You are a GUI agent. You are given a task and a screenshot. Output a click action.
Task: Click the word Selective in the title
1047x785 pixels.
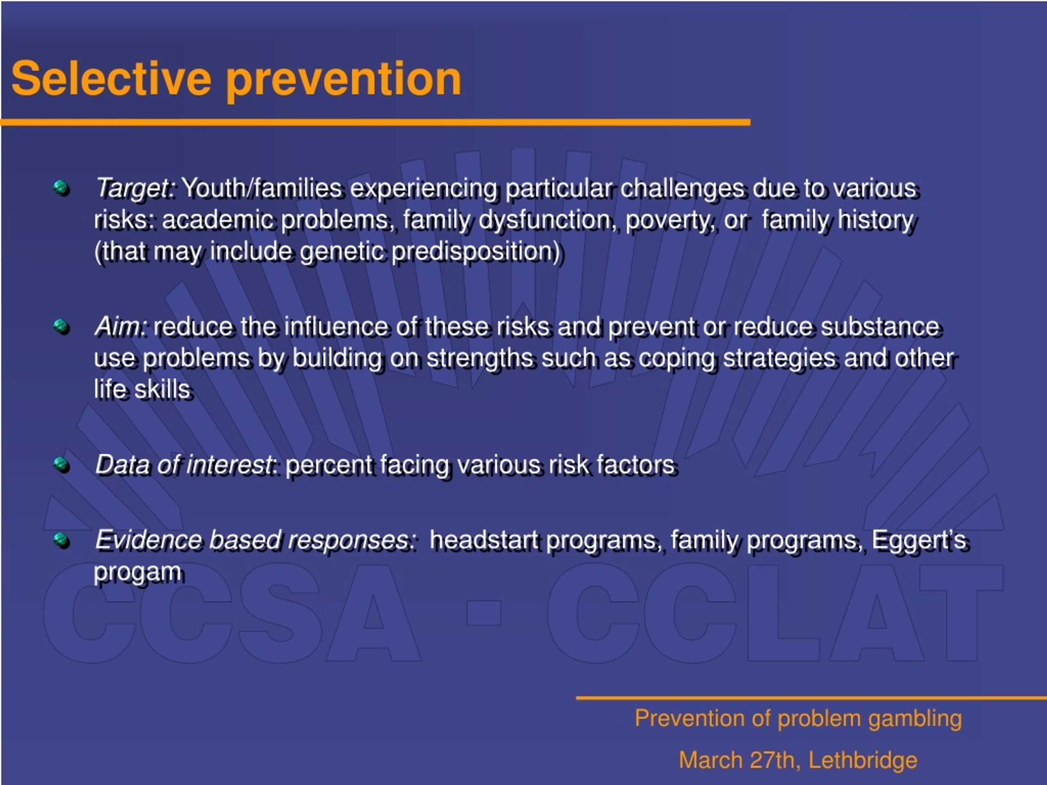[111, 78]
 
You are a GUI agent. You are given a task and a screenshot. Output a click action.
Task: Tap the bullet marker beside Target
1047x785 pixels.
[61, 188]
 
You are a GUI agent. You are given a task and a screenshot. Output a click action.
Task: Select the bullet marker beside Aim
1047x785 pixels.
[61, 327]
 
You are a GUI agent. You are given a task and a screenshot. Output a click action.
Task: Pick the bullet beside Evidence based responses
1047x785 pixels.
[61, 540]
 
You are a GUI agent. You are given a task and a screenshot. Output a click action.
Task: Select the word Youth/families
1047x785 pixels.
[262, 188]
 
